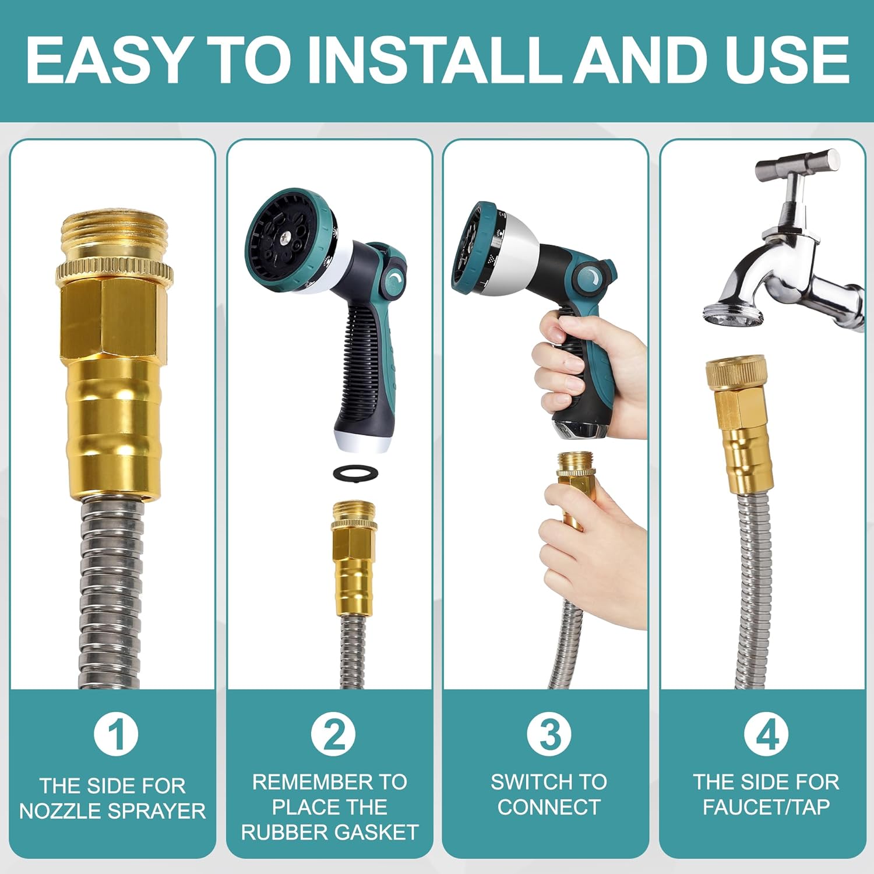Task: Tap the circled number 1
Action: point(116,734)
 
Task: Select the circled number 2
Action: point(333,734)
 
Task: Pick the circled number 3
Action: point(549,734)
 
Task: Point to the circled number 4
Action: point(767,734)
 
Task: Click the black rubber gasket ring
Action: point(355,473)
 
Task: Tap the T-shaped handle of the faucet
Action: point(798,166)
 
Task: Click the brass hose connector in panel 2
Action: point(355,557)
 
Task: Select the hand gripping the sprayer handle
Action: point(588,373)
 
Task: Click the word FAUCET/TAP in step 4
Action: point(766,807)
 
